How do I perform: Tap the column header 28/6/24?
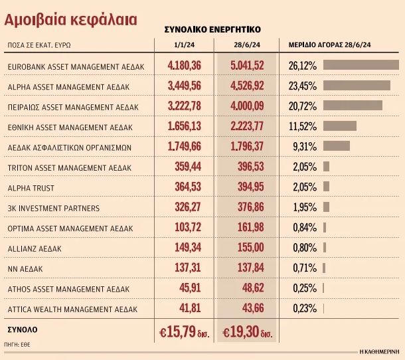click(x=246, y=44)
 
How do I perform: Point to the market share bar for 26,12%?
click(x=361, y=65)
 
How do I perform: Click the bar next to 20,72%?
click(x=353, y=106)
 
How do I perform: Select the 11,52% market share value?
click(x=303, y=126)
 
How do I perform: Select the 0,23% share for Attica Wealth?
click(x=303, y=309)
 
